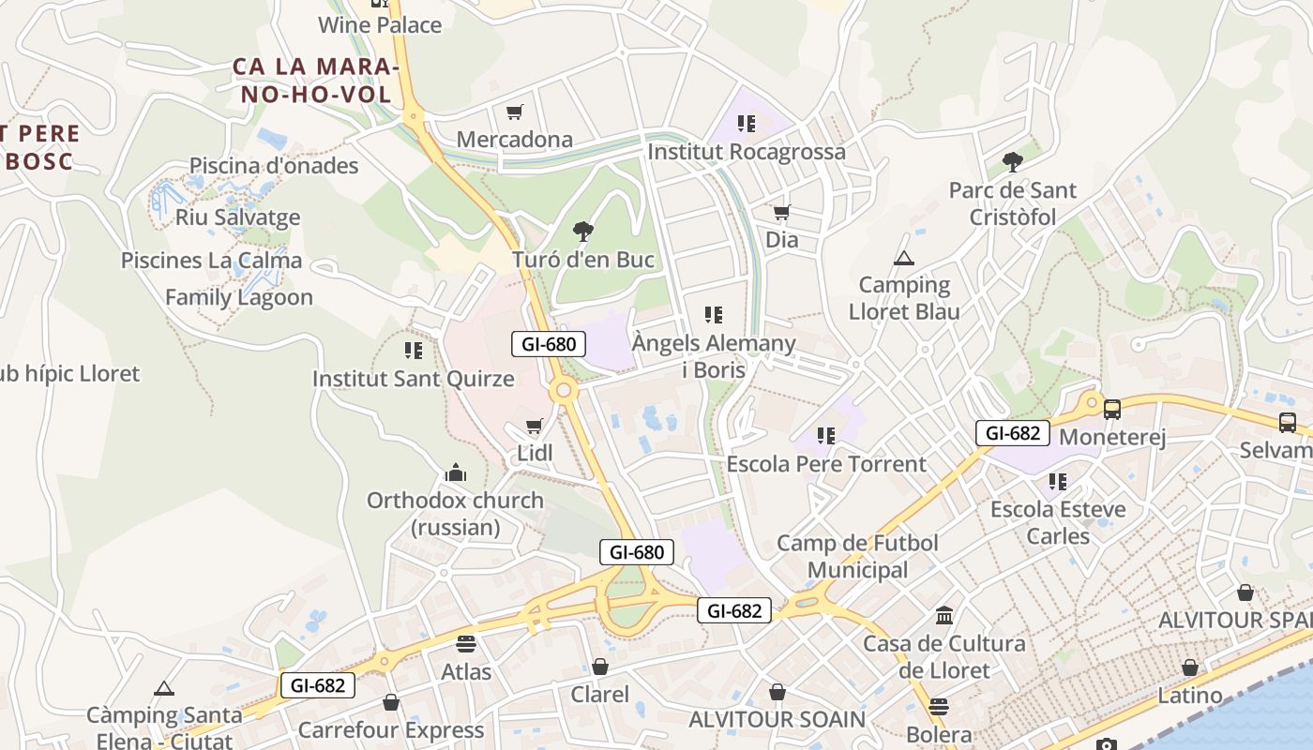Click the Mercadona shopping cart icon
click(x=514, y=112)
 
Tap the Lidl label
click(x=535, y=454)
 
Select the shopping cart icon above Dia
click(x=781, y=213)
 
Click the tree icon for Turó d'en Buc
click(x=582, y=231)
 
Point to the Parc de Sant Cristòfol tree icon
click(x=1012, y=162)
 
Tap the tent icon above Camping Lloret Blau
click(x=903, y=258)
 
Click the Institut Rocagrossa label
click(x=746, y=151)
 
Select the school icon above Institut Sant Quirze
click(x=413, y=351)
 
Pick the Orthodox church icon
click(x=456, y=472)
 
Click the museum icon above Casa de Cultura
click(x=944, y=616)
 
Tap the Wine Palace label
click(x=380, y=24)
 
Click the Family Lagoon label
click(x=239, y=297)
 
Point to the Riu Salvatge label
click(x=238, y=217)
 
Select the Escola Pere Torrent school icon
click(x=825, y=436)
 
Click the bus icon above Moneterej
click(x=1112, y=410)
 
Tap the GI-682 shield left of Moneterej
click(x=1013, y=433)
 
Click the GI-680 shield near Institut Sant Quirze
click(x=549, y=344)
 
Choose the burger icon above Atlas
click(x=466, y=644)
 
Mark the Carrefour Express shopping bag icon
click(x=391, y=702)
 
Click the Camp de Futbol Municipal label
click(x=857, y=556)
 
